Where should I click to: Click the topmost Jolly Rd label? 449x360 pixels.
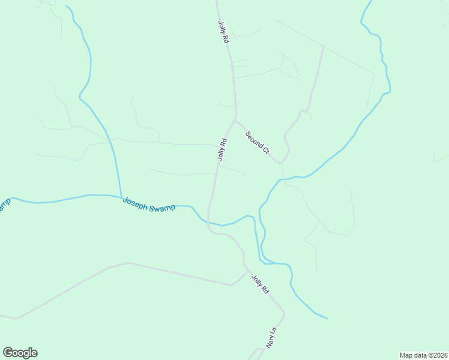pos(223,31)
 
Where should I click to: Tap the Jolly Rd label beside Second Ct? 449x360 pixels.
pos(222,150)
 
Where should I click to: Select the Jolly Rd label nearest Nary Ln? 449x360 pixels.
pos(260,284)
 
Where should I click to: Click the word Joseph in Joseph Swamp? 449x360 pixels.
pos(135,202)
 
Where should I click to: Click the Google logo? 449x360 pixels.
pos(20,353)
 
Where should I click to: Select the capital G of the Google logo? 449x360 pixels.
pos(7,352)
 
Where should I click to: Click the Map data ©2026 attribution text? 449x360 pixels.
pos(423,355)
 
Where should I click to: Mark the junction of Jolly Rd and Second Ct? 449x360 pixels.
pos(235,118)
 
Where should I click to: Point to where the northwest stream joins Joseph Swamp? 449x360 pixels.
pos(121,197)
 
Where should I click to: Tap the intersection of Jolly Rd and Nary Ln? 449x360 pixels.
pos(283,313)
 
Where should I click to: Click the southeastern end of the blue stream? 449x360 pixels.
pos(327,318)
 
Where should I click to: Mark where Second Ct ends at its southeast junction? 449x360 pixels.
pos(280,163)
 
